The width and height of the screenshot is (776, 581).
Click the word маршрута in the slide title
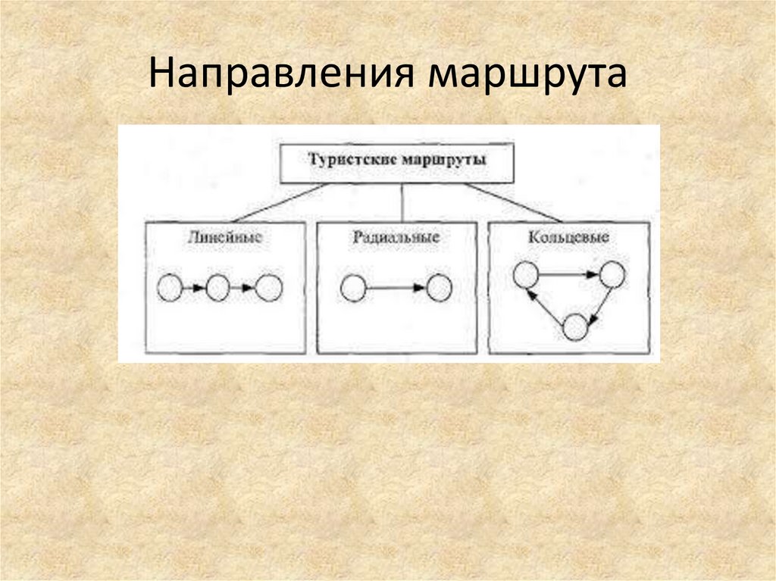pos(526,76)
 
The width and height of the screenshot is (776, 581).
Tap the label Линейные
pos(225,237)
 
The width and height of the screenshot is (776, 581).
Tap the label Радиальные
pos(396,237)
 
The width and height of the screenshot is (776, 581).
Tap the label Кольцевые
pos(568,237)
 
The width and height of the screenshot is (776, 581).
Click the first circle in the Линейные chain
pos(170,289)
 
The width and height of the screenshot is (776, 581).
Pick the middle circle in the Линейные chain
pos(218,289)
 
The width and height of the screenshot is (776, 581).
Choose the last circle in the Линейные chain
pos(268,289)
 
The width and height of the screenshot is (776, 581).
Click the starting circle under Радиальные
pos(353,289)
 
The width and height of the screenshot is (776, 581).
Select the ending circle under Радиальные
pos(439,289)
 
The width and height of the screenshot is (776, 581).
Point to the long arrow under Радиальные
pos(396,289)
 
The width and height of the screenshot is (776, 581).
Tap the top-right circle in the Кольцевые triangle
pos(612,274)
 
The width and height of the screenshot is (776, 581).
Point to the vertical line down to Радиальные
pos(401,202)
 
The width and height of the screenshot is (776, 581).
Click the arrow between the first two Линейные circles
pos(194,289)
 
